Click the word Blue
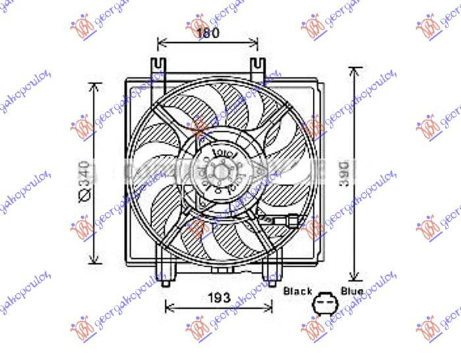[352, 290]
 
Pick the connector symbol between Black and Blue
[323, 304]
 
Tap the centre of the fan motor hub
[217, 173]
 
